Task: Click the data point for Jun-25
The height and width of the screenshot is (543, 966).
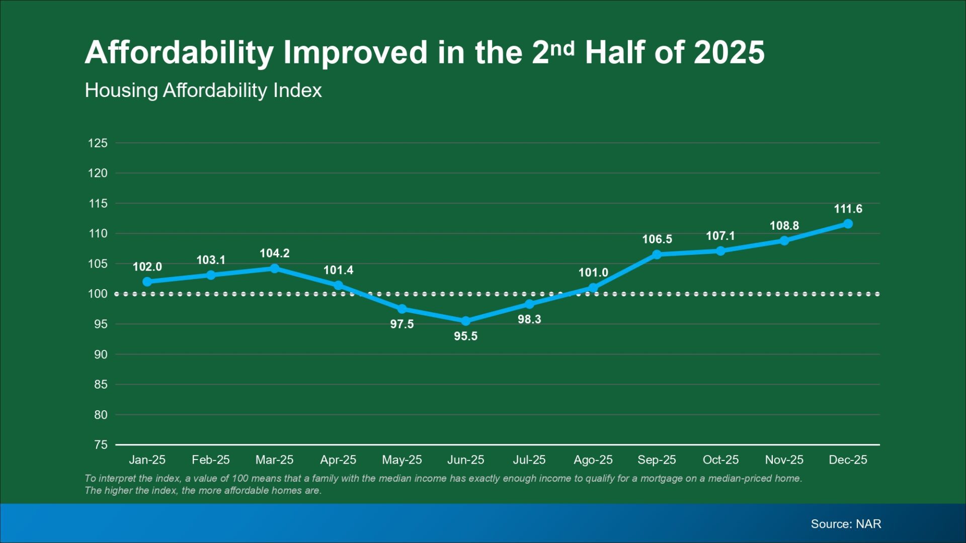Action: (x=465, y=321)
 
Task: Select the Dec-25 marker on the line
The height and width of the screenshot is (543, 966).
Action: (x=848, y=224)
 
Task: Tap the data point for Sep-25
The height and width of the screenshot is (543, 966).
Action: (x=657, y=254)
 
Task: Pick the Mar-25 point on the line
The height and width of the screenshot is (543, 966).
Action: (x=275, y=268)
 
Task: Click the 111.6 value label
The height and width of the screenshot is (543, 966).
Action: (x=848, y=209)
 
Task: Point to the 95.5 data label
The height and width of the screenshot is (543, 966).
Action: (x=465, y=336)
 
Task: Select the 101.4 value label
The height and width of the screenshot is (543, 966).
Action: (x=338, y=270)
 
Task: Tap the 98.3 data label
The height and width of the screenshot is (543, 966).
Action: (x=529, y=319)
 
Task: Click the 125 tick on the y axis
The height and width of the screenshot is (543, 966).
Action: (x=98, y=143)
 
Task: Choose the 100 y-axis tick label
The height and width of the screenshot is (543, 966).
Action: (x=98, y=294)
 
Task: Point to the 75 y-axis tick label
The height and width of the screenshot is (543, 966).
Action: (x=101, y=445)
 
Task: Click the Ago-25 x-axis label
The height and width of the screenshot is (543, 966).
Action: (x=593, y=460)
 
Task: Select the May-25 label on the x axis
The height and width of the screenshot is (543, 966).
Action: (x=401, y=460)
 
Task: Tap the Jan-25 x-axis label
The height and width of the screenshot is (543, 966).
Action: (x=147, y=460)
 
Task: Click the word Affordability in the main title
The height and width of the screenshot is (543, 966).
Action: (x=179, y=53)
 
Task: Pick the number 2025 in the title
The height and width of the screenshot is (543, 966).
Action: (x=729, y=53)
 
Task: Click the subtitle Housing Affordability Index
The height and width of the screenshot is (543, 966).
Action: (x=203, y=90)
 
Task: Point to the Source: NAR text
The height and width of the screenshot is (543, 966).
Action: (x=846, y=524)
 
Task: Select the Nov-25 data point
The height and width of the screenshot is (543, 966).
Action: (x=784, y=241)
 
